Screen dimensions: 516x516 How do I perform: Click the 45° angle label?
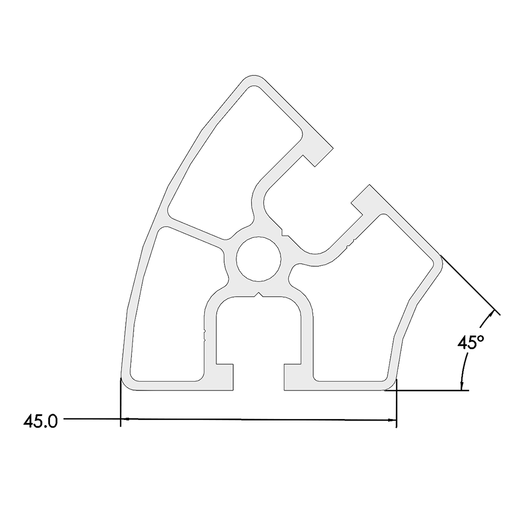(471, 342)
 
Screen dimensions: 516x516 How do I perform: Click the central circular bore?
(259, 259)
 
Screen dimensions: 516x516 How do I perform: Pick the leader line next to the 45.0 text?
(90, 419)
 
